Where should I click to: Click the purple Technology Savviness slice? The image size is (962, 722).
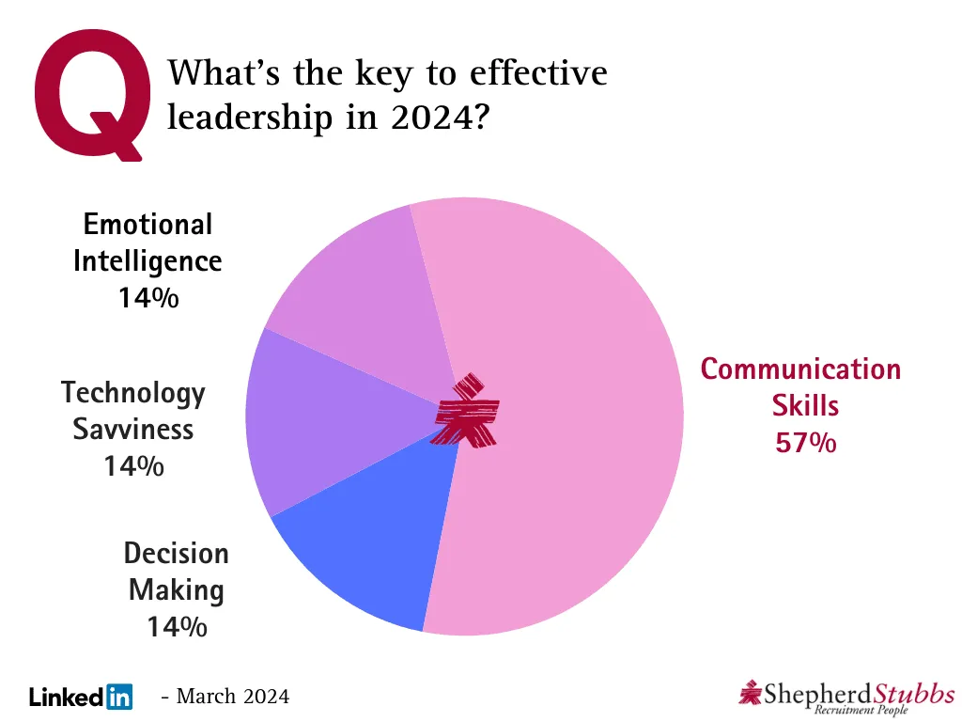pyautogui.click(x=310, y=423)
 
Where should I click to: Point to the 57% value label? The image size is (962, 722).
pyautogui.click(x=805, y=442)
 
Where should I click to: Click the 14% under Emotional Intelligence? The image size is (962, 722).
pyautogui.click(x=147, y=298)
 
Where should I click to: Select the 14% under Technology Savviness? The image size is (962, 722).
pyautogui.click(x=133, y=464)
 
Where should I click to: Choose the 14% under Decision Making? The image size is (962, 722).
pyautogui.click(x=177, y=626)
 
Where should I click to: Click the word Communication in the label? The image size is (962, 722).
pyautogui.click(x=800, y=369)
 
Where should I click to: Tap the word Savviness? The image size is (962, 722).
pyautogui.click(x=133, y=429)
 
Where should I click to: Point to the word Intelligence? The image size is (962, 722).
pyautogui.click(x=147, y=260)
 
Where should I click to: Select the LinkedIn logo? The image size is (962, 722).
pyautogui.click(x=81, y=697)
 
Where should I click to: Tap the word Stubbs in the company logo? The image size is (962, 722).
pyautogui.click(x=912, y=694)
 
